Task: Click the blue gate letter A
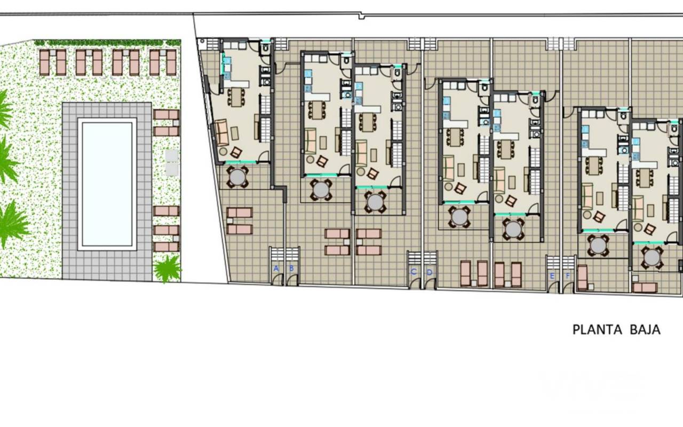click(x=276, y=268)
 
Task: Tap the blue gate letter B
click(x=291, y=268)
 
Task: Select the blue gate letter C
click(x=414, y=272)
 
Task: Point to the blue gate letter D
click(x=430, y=272)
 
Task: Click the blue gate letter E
click(x=552, y=276)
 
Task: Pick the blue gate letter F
click(x=568, y=276)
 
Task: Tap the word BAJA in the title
click(x=645, y=330)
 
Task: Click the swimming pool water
click(x=107, y=184)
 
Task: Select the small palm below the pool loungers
click(x=167, y=268)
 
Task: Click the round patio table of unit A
click(x=237, y=177)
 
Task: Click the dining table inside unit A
click(x=236, y=97)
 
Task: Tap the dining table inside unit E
click(x=593, y=165)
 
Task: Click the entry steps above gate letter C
click(x=415, y=258)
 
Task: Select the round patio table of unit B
click(x=321, y=189)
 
